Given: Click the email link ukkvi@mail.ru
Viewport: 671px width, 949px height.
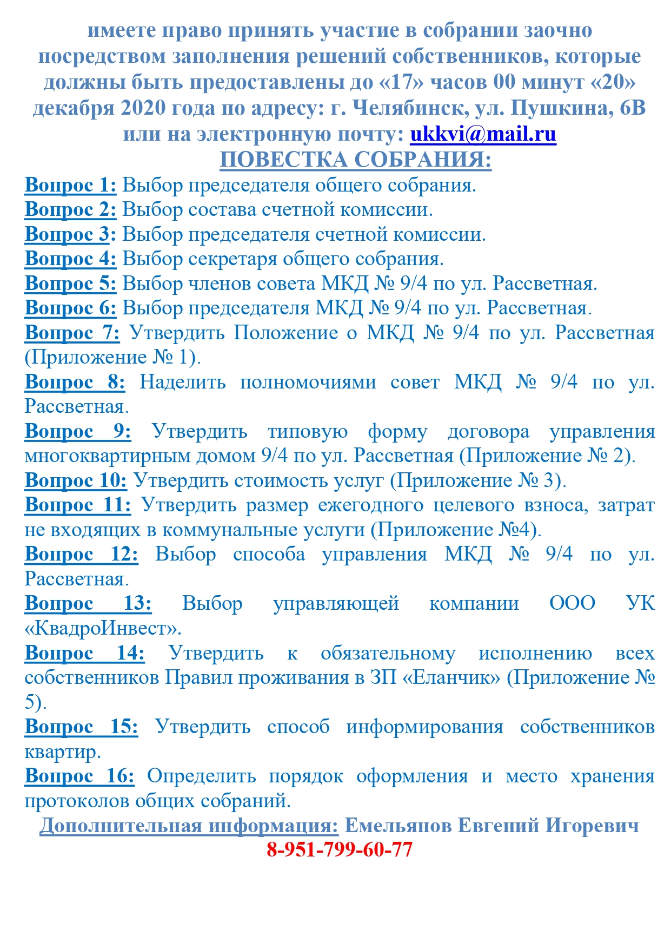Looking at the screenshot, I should (483, 134).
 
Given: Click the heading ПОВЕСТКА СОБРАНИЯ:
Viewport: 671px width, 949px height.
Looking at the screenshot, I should (355, 160).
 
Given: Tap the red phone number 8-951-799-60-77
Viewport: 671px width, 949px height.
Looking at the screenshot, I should (340, 849).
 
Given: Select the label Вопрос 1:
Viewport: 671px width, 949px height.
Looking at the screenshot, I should (70, 185).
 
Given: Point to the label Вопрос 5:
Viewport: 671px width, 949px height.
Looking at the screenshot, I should (70, 284).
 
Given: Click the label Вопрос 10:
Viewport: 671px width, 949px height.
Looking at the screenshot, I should (76, 480).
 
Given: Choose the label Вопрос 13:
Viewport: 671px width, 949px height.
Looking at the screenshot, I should (88, 603).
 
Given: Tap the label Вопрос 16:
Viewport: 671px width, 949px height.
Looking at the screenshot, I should (79, 776).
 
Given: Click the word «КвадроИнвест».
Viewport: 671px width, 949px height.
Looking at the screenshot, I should (103, 628).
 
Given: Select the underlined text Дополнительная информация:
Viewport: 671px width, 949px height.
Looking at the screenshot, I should (189, 826).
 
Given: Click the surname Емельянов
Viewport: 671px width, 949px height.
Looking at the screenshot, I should (398, 826).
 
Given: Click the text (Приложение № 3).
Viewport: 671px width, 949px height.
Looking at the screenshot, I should (478, 480).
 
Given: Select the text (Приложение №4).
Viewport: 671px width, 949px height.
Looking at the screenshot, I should (456, 530).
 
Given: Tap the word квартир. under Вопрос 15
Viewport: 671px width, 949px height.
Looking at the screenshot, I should (63, 752).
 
